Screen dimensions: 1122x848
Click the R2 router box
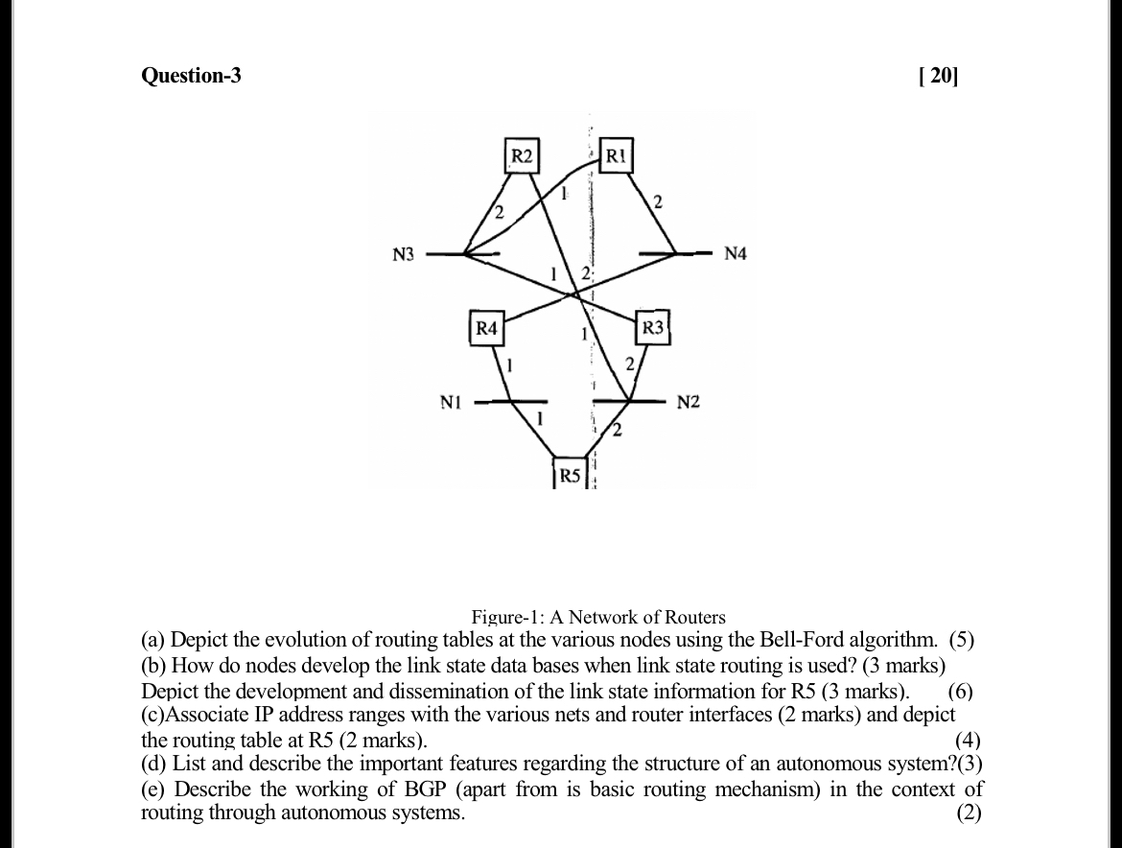522,156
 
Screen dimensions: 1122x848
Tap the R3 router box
652,327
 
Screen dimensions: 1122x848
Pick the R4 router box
487,327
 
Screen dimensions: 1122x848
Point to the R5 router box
570,475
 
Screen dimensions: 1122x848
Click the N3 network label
404,254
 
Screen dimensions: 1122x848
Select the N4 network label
735,254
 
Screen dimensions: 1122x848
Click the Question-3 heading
191,75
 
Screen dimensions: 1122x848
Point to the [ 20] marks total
938,75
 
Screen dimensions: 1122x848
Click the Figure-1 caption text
597,617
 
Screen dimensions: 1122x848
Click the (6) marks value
963,691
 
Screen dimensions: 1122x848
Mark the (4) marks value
969,740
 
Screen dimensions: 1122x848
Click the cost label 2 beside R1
657,201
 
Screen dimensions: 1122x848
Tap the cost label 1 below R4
510,365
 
